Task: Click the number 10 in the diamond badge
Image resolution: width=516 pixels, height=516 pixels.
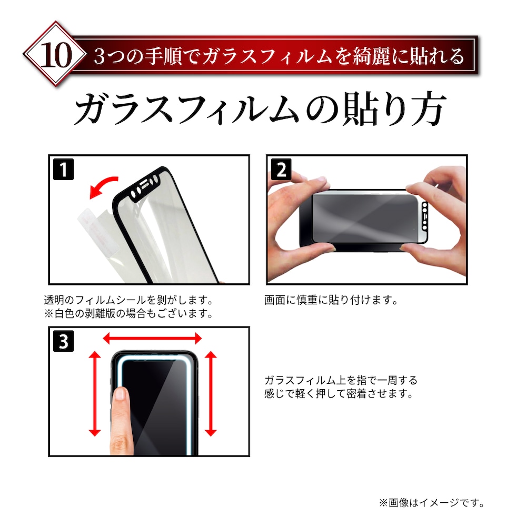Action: [x=56, y=55]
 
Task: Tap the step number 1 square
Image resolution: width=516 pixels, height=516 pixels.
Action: [x=63, y=170]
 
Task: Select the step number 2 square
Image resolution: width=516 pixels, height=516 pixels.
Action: [x=281, y=170]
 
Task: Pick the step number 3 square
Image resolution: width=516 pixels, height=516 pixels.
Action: [x=63, y=341]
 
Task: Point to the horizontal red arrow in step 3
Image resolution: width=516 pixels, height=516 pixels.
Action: [x=152, y=338]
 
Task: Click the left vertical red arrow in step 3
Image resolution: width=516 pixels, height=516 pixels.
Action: [x=95, y=394]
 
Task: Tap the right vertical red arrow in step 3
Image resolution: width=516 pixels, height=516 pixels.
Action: [x=211, y=394]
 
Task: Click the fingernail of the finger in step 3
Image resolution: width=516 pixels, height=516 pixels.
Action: [x=120, y=393]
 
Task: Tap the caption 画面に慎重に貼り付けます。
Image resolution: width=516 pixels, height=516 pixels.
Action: [x=332, y=300]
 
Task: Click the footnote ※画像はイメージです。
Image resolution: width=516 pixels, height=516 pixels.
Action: [x=432, y=502]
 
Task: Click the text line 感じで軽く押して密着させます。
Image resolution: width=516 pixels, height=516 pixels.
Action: [x=339, y=393]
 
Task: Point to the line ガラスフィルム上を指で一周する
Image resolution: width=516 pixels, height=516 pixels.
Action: [x=341, y=380]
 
